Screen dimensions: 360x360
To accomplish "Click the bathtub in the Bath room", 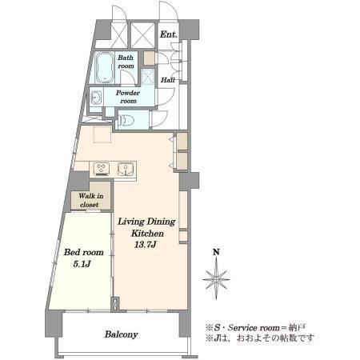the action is tap(105, 67).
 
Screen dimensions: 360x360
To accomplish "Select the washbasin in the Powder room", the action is tap(95, 98).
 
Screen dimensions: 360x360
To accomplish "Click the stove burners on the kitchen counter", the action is tap(102, 169).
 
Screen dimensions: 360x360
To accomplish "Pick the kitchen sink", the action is tap(126, 169).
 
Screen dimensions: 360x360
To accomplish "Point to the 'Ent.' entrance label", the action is tap(169, 34).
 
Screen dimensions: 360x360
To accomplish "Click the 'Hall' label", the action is tap(168, 79).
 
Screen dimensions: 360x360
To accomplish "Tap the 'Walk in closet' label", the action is tap(90, 200).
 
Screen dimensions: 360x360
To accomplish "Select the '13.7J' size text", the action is tap(145, 245).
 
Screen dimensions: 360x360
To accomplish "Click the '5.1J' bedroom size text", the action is tap(82, 264).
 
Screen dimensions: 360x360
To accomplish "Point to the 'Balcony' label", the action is tap(121, 334).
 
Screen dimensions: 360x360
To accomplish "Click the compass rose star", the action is tap(216, 279).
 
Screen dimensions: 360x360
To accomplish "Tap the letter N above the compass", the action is tap(216, 252).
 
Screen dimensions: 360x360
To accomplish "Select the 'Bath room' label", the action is tap(126, 62).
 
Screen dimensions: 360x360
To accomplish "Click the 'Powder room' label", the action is tap(128, 97).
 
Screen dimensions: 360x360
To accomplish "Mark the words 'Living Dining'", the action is tap(146, 222).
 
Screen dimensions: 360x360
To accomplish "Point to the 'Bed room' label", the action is tap(83, 252).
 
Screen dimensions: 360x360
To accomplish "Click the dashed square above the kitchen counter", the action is tap(102, 134).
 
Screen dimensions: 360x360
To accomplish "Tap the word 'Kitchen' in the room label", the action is tap(147, 234).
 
